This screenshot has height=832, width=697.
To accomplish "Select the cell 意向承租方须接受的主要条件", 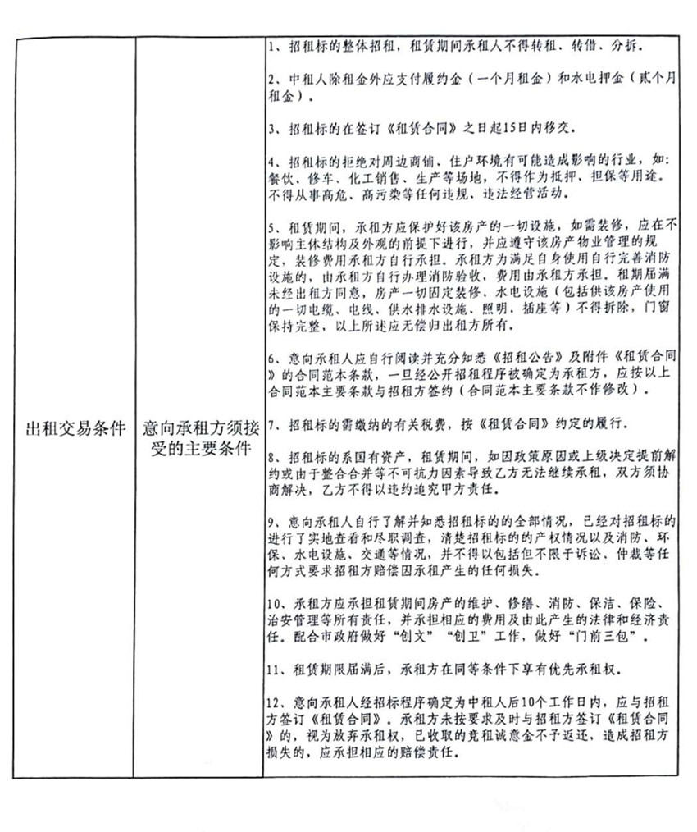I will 197,440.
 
